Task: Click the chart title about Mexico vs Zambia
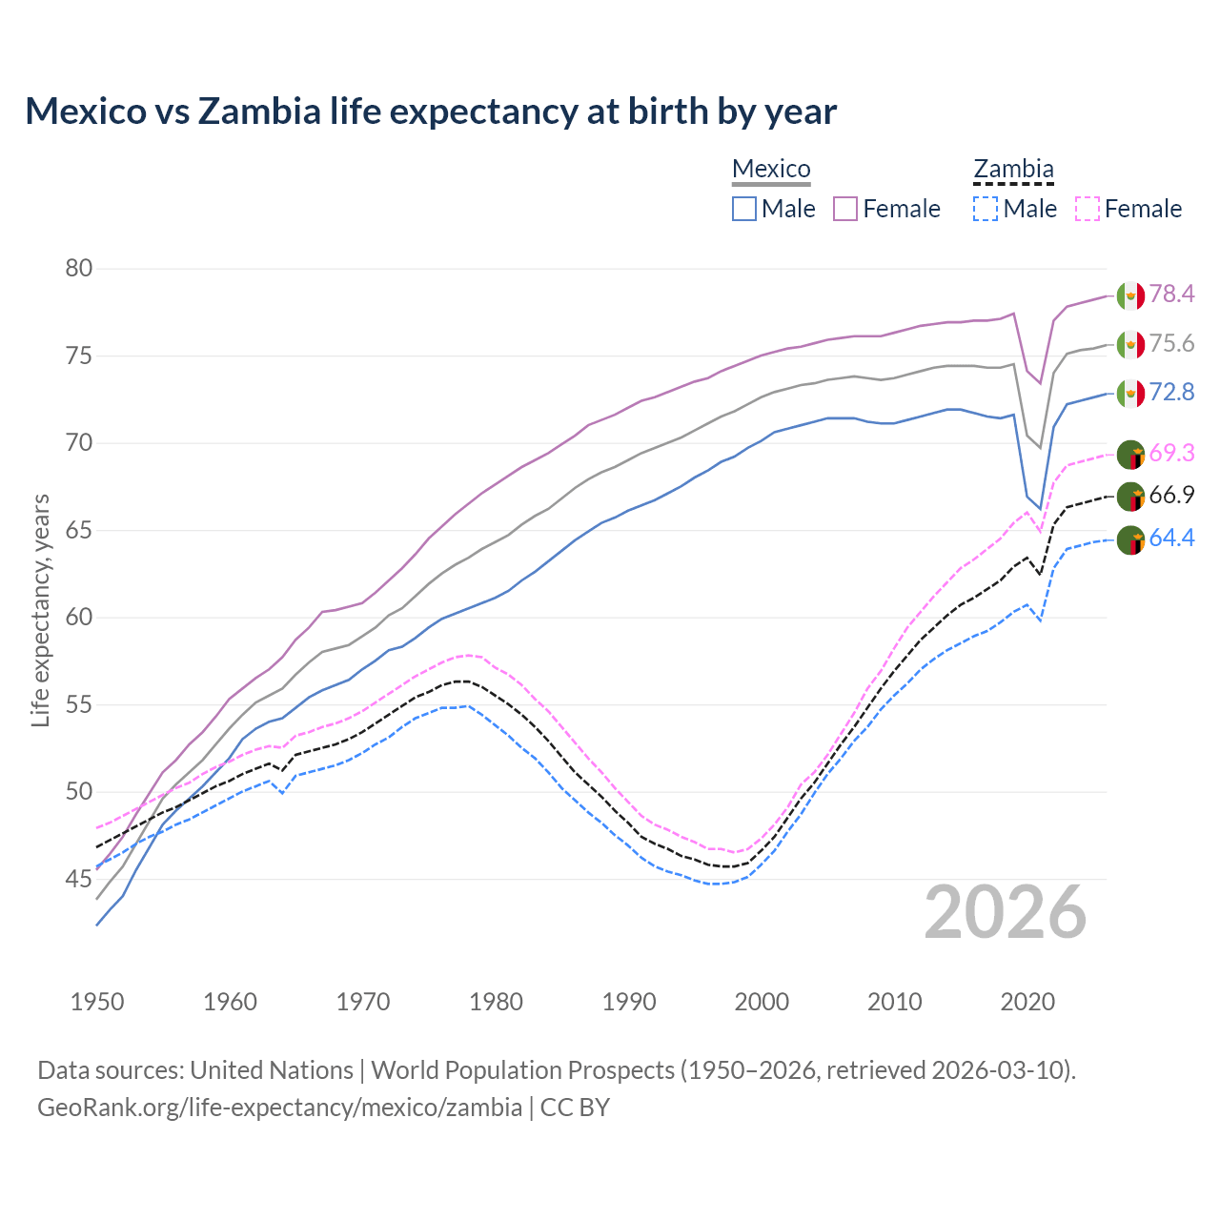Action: coord(431,112)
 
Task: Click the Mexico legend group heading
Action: coord(771,170)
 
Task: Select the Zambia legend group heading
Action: coord(1013,170)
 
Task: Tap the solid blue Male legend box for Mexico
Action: coord(744,209)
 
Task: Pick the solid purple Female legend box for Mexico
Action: coord(845,209)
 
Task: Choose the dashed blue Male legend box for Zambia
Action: coord(986,209)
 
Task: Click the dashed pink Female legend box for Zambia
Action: coord(1088,209)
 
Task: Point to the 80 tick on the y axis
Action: coord(79,269)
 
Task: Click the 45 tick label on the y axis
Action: coord(79,879)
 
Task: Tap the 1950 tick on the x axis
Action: coord(97,1002)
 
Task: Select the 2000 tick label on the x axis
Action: coord(762,1002)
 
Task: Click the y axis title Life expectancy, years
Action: coord(40,610)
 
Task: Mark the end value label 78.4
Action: coord(1171,295)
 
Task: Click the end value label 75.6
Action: coord(1171,344)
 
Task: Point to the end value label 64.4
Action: coord(1171,539)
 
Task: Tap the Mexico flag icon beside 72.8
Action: coord(1130,393)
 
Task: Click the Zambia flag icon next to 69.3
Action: coord(1130,454)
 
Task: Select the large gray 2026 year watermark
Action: coord(1006,912)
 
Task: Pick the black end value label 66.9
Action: coord(1171,496)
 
